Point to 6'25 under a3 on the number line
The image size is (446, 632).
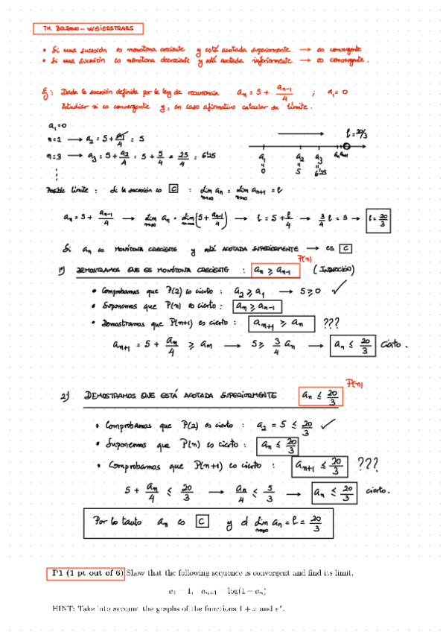(x=321, y=173)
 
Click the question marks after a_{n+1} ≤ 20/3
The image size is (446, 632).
(x=369, y=466)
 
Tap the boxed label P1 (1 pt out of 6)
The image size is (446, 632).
(x=86, y=572)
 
